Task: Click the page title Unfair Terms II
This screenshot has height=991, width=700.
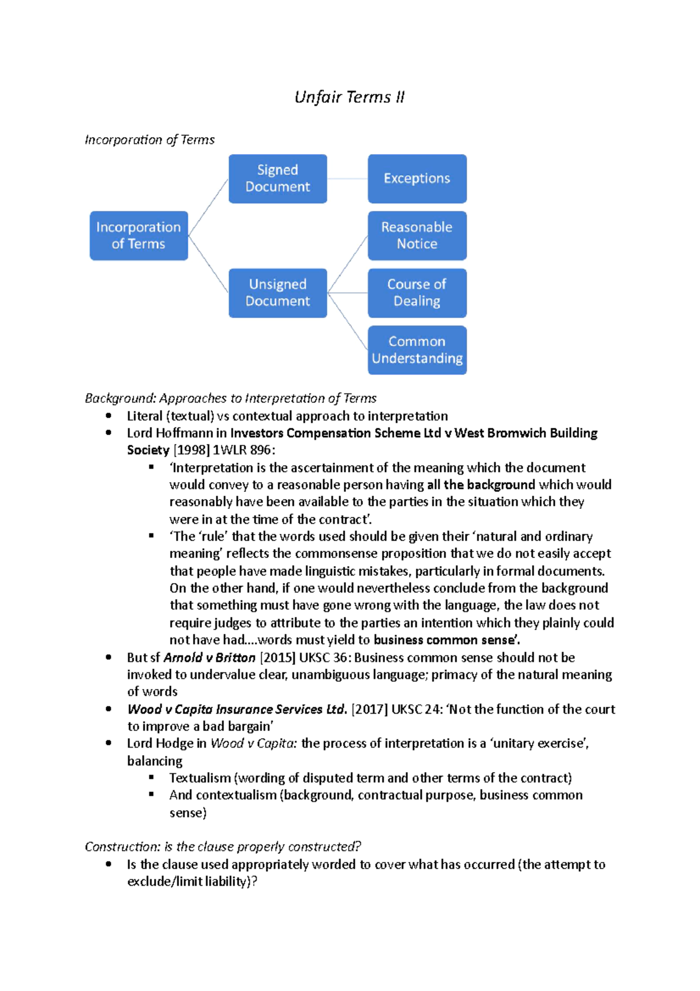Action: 349,97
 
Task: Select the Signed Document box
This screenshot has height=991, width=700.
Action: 278,179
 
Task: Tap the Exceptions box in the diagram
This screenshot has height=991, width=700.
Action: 417,179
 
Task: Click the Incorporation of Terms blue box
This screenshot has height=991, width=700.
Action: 139,236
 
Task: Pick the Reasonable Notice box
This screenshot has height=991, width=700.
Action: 417,236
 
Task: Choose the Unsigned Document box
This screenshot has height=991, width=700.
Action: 278,293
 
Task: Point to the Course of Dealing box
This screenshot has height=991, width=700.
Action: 417,293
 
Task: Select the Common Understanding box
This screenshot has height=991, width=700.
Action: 417,350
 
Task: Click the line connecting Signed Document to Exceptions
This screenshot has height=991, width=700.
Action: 347,179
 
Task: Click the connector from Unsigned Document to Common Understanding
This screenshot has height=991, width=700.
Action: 348,322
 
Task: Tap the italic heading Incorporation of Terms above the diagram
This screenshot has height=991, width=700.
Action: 149,140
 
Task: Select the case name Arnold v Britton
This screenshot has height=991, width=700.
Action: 209,658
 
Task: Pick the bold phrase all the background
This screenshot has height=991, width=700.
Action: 481,485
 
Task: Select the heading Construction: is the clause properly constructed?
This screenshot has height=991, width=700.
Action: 223,847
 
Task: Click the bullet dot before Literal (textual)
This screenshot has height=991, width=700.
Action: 108,416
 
